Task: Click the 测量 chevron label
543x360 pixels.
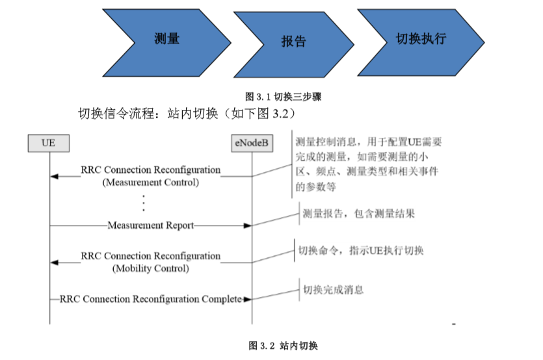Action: pos(167,38)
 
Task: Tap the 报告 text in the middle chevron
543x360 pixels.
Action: pos(294,41)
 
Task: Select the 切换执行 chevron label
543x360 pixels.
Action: pos(421,38)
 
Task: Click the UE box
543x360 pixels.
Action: pos(49,143)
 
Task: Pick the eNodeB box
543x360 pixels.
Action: pos(252,143)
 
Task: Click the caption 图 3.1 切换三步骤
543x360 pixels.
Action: pos(284,97)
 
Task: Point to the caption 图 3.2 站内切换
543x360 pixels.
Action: pos(284,346)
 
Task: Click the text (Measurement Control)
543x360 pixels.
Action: pos(151,183)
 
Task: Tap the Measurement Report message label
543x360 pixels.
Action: pos(151,225)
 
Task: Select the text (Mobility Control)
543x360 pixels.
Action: pos(151,268)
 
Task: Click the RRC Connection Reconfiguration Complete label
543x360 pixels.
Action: pos(151,299)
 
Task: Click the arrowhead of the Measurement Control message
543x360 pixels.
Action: pos(55,177)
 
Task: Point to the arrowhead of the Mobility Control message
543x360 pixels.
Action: pos(55,263)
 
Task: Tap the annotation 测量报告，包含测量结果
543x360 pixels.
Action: pos(359,214)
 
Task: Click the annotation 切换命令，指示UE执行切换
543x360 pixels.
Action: pos(361,250)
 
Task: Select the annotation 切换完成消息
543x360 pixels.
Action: pos(334,290)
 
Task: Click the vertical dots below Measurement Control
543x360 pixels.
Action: pos(144,203)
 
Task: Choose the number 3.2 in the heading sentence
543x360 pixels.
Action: pos(280,114)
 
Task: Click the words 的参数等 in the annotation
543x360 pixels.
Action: pos(315,187)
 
